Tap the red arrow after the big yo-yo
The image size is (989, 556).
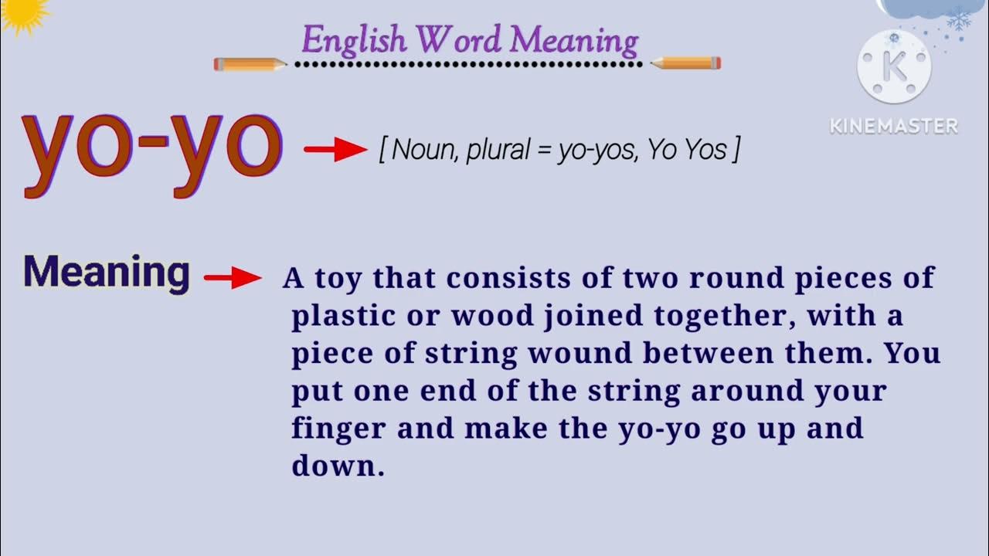[335, 151]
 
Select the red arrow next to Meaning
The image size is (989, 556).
[233, 278]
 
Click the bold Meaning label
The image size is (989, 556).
[106, 273]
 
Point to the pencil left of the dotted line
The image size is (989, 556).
[250, 64]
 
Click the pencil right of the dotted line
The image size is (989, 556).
[685, 63]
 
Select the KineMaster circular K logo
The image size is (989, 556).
[894, 66]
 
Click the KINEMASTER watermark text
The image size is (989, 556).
[894, 126]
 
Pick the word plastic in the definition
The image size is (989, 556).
[335, 316]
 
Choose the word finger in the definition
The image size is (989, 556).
[337, 429]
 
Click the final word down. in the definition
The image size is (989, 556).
[338, 466]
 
